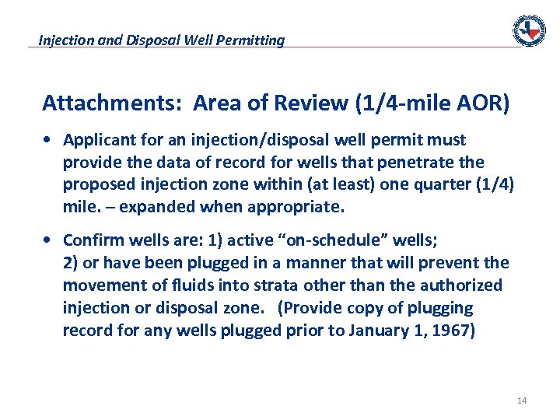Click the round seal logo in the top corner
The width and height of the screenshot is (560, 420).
(x=529, y=30)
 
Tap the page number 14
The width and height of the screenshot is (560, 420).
(x=521, y=401)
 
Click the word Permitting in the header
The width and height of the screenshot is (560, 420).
(x=253, y=40)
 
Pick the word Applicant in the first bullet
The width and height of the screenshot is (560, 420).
(x=96, y=140)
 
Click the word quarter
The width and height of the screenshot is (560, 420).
(x=439, y=184)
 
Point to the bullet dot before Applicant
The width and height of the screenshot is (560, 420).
(x=49, y=141)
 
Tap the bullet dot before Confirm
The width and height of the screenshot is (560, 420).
(x=49, y=240)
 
